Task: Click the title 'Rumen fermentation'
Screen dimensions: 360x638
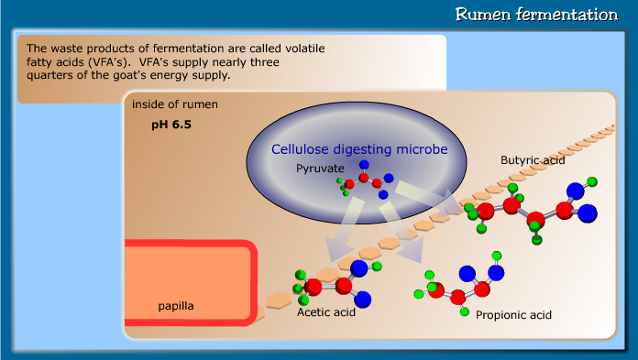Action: tap(537, 15)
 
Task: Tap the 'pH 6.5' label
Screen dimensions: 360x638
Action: tap(171, 123)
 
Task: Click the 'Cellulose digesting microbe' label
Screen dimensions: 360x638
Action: tap(358, 148)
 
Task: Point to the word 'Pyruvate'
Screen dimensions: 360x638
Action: tap(320, 169)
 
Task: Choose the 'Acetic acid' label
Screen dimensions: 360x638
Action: tap(326, 312)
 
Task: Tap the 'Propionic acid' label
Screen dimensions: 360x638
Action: tap(514, 314)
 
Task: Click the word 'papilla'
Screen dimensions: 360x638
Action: tap(175, 305)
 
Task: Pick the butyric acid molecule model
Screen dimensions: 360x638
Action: tap(532, 212)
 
